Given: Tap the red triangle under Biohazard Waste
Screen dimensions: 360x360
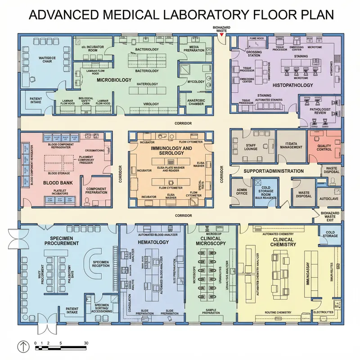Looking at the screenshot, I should [x=221, y=35].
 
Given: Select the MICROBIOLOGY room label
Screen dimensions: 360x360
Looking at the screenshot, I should [x=114, y=80].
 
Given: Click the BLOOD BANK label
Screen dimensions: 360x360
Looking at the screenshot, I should [x=58, y=183].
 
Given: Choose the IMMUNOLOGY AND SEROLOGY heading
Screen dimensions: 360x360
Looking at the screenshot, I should [x=171, y=151].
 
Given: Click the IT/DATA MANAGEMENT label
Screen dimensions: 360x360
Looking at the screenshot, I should [x=291, y=145].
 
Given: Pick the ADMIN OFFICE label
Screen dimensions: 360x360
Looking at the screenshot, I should [x=242, y=191].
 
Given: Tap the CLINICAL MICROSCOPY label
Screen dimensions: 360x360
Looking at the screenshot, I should [x=211, y=241].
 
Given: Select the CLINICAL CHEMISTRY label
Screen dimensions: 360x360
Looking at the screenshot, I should [x=283, y=242].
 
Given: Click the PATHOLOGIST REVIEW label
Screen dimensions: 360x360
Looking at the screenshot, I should [x=320, y=110].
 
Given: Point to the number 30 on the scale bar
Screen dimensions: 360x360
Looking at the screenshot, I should [x=85, y=343].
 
